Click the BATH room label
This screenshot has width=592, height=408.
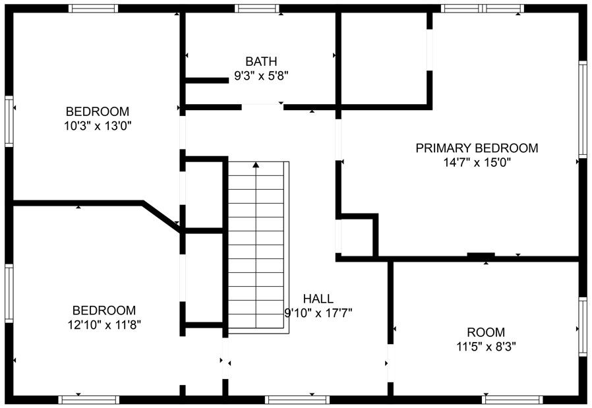(261, 61)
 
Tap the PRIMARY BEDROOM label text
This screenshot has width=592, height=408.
(476, 148)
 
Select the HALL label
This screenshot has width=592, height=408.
(318, 298)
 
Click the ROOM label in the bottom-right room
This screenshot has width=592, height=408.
(486, 332)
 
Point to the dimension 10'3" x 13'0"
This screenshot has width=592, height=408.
(98, 126)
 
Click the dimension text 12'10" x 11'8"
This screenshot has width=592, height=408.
(104, 324)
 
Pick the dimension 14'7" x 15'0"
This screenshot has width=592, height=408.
(477, 162)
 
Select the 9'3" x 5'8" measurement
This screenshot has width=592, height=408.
(261, 76)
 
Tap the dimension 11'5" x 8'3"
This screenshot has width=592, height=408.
(486, 347)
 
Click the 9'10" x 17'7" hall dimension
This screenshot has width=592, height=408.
(318, 312)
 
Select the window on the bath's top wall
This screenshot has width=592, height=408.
(258, 9)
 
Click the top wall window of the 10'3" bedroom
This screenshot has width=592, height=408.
(94, 9)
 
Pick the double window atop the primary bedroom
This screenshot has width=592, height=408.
(482, 9)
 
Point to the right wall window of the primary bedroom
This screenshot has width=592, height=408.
(582, 109)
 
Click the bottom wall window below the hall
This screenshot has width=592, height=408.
(288, 399)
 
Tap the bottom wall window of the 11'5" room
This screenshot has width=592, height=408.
(512, 399)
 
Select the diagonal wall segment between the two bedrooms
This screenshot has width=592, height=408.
(161, 216)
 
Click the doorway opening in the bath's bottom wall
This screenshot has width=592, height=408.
(262, 106)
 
